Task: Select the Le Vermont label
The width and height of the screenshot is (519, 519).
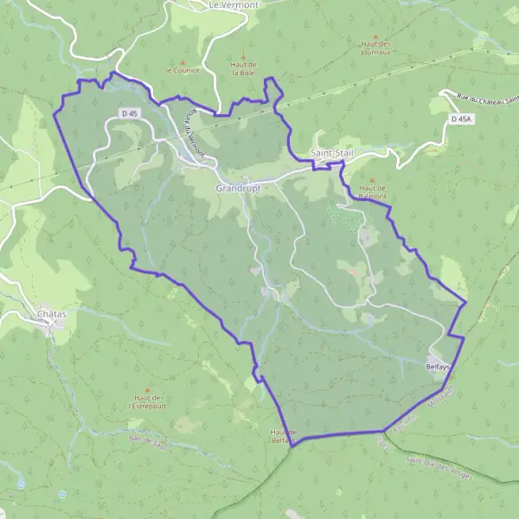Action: click(234, 5)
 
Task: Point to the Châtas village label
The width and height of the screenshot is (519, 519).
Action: click(52, 313)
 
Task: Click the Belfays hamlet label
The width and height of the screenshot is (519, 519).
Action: click(439, 367)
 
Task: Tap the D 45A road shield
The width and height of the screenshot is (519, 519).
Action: click(462, 118)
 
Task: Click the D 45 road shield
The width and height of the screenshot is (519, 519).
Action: click(130, 113)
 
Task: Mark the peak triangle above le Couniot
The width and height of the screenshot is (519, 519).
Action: click(183, 61)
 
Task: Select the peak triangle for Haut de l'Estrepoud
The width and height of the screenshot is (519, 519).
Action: click(147, 390)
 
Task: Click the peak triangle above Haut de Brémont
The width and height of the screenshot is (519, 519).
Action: click(371, 180)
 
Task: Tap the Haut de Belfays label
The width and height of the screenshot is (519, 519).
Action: click(284, 436)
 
